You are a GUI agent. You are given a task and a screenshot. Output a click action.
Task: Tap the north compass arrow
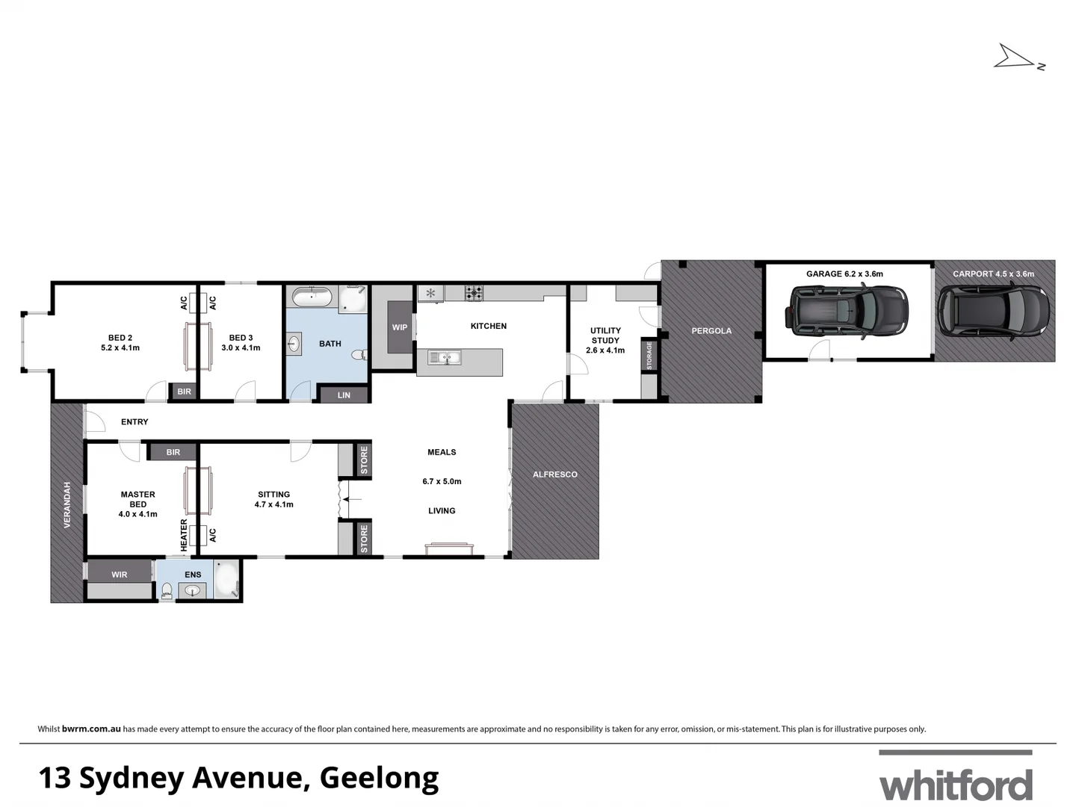coord(1016,58)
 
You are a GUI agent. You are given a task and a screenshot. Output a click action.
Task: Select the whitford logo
coord(956,785)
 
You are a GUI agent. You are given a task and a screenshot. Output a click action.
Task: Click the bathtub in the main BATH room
coord(312,297)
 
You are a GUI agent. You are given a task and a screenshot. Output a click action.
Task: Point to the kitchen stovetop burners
coord(474,293)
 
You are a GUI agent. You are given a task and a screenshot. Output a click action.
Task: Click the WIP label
coord(400,327)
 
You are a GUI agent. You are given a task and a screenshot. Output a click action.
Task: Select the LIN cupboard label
coord(344,395)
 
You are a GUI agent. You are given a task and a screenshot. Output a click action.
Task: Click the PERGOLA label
coord(711,331)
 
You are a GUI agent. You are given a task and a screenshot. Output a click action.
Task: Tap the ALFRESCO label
coord(554,474)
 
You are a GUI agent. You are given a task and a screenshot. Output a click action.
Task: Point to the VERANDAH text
coord(67,505)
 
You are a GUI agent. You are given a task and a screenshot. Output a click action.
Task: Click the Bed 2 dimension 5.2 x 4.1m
coord(120,348)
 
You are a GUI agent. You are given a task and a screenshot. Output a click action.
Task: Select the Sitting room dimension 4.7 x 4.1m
coord(273,504)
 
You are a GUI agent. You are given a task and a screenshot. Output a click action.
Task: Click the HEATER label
coord(184,537)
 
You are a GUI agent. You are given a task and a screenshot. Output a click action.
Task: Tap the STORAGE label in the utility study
coord(649,356)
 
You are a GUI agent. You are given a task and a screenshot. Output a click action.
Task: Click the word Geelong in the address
coord(379,778)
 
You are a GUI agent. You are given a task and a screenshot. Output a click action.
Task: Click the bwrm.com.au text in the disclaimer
coord(91,729)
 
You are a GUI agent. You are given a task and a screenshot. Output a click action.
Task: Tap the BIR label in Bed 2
coord(184,392)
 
